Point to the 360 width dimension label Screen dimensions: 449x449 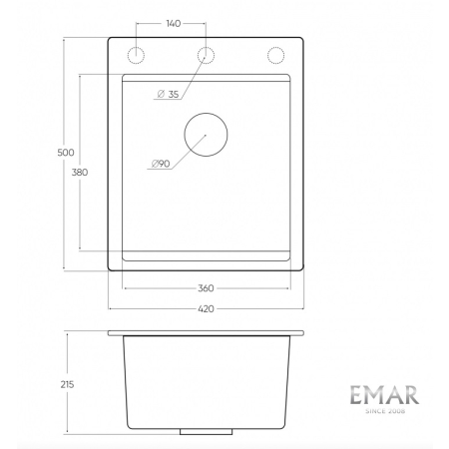(206, 288)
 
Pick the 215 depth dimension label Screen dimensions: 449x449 (67, 383)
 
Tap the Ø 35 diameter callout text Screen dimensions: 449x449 (167, 95)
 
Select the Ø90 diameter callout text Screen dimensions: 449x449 (161, 164)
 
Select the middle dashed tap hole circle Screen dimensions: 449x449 (206, 54)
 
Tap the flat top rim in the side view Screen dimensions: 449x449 (206, 331)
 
